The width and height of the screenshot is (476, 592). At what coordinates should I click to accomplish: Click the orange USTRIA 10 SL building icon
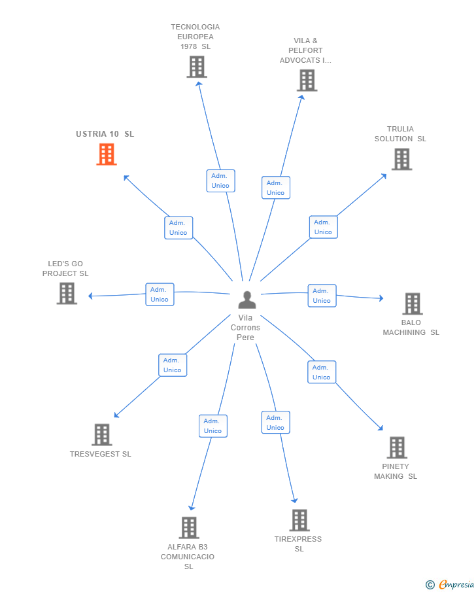(107, 154)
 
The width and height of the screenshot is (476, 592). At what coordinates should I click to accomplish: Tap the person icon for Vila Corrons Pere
(247, 300)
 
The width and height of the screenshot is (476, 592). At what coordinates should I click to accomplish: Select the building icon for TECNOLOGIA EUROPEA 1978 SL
(197, 67)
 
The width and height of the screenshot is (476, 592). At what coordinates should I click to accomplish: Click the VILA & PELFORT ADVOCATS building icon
(307, 80)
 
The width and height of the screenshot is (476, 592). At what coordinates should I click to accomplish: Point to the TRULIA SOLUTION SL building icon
(401, 159)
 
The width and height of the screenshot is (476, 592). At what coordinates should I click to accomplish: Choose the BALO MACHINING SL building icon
(413, 304)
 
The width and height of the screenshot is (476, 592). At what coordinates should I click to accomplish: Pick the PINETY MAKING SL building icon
(397, 447)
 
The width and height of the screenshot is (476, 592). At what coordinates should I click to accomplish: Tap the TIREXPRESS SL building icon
(299, 520)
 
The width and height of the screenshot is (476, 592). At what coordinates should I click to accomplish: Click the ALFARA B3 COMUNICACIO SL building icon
(189, 527)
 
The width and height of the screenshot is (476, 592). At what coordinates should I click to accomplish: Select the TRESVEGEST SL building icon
(102, 434)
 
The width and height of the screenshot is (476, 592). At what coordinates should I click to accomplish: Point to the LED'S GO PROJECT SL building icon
(67, 293)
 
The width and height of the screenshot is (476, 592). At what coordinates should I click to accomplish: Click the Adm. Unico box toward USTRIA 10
(178, 228)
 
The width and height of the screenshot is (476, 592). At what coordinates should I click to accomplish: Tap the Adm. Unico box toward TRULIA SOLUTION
(324, 227)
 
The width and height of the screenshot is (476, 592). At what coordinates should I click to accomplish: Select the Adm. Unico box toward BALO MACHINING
(322, 296)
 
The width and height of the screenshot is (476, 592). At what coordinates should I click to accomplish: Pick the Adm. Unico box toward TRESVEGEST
(173, 365)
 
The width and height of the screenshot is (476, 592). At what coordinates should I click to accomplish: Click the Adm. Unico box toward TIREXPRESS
(275, 423)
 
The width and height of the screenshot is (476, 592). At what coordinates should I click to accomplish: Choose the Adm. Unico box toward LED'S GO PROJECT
(160, 294)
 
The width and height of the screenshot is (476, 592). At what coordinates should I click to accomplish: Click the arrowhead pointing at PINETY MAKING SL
(381, 428)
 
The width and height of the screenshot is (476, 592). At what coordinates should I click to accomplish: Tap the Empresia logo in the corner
(450, 584)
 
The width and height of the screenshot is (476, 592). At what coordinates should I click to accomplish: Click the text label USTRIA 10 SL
(105, 134)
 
